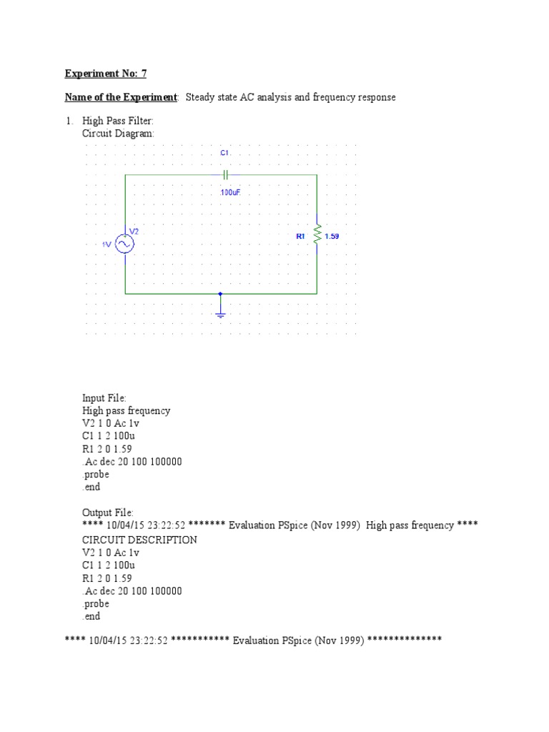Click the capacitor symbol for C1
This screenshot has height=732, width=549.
click(x=225, y=174)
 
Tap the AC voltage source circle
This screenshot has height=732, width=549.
click(x=125, y=244)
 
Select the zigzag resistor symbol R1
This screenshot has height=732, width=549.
click(x=317, y=236)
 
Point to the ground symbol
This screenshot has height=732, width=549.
click(x=221, y=312)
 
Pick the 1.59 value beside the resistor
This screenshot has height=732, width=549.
click(x=332, y=236)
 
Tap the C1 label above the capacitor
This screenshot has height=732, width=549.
click(x=224, y=154)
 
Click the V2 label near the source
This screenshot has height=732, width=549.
click(x=134, y=231)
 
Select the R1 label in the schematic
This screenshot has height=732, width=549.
click(x=300, y=236)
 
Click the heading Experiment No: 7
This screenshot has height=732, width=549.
click(x=106, y=74)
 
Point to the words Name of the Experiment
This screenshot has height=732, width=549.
click(x=120, y=97)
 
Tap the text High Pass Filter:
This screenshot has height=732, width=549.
click(x=118, y=122)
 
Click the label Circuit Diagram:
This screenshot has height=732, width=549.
click(x=118, y=134)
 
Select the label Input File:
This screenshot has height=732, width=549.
click(x=104, y=398)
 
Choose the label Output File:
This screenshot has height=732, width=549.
click(x=108, y=513)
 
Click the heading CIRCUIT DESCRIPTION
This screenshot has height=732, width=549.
click(x=139, y=540)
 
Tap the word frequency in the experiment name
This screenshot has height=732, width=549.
click(x=370, y=97)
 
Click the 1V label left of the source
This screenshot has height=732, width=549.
click(x=107, y=244)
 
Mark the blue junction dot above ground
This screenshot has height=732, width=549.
click(x=220, y=294)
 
